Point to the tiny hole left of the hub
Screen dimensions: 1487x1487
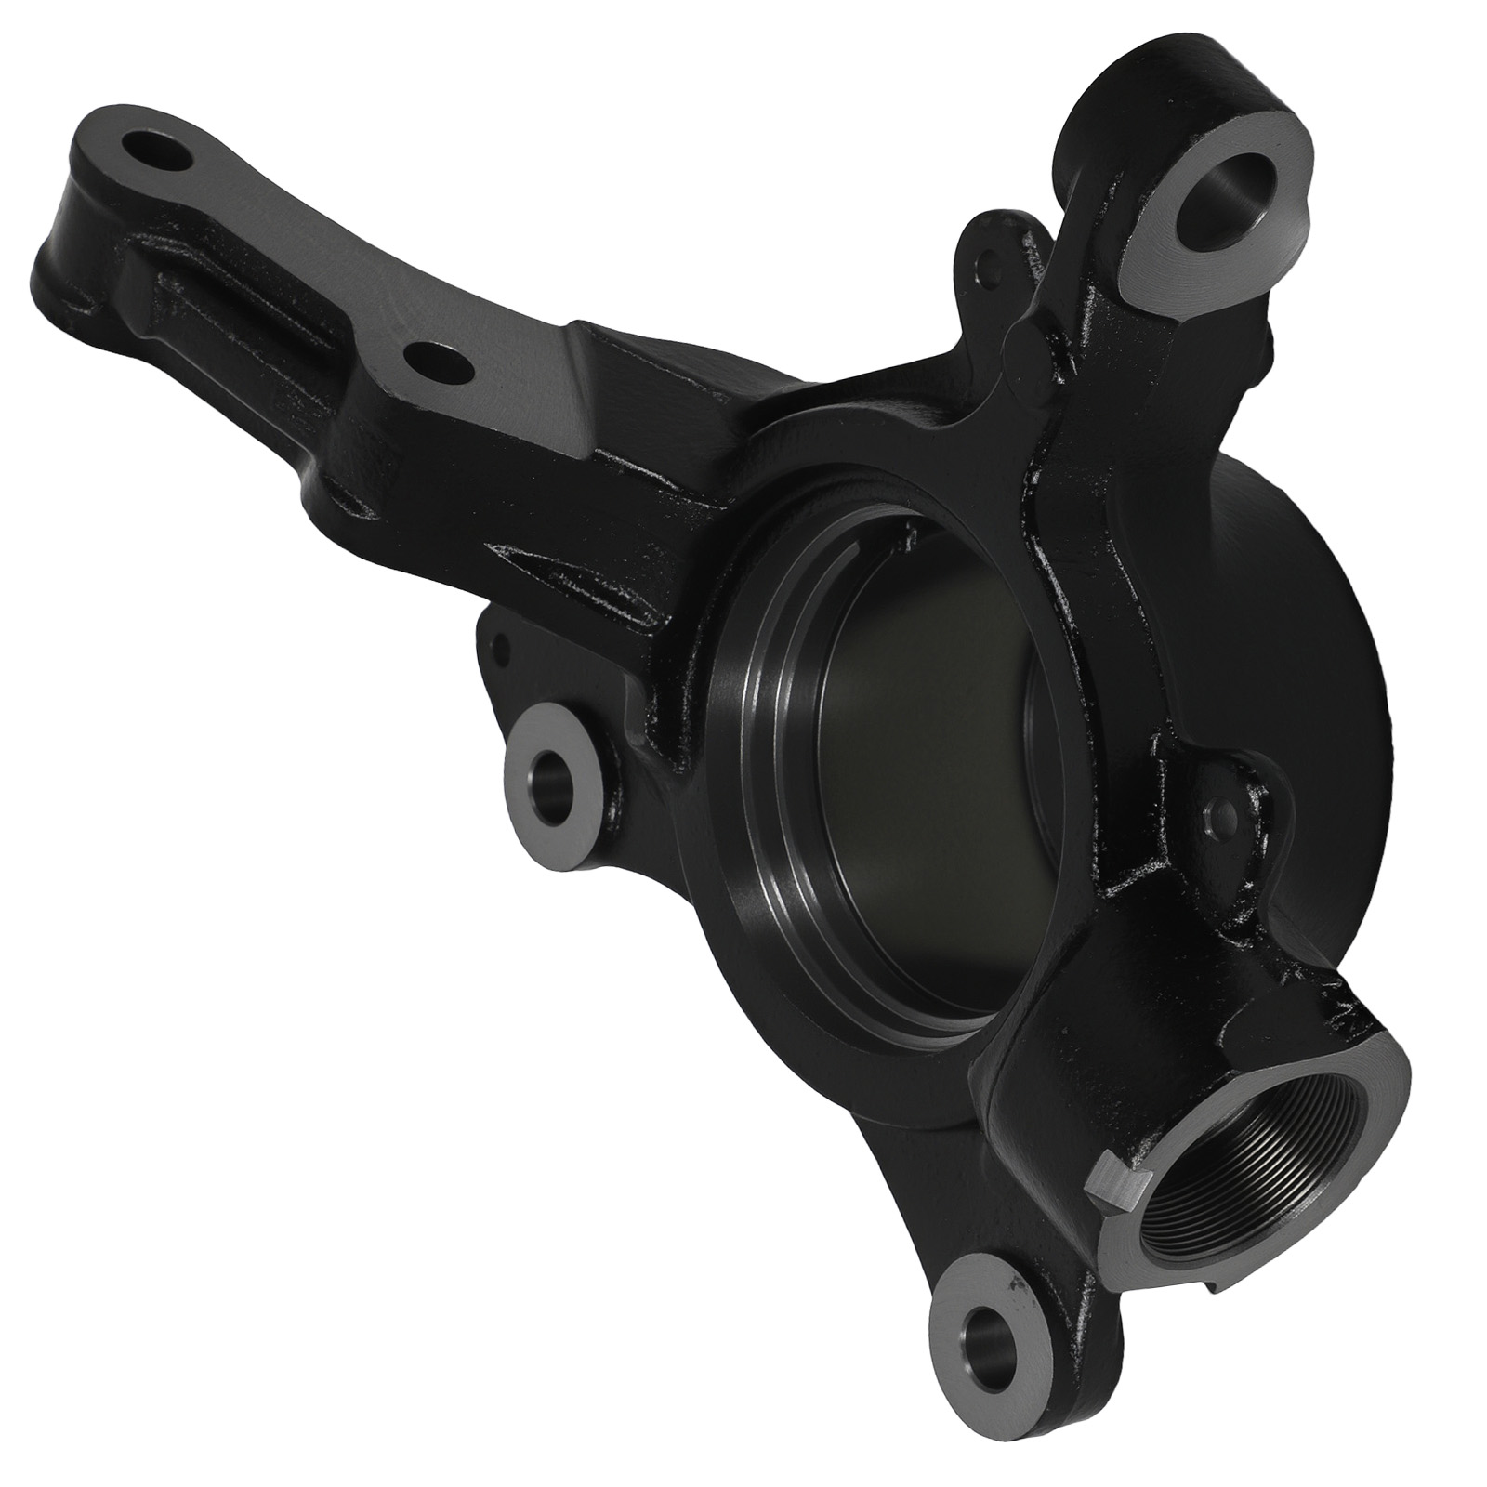pyautogui.click(x=499, y=639)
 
